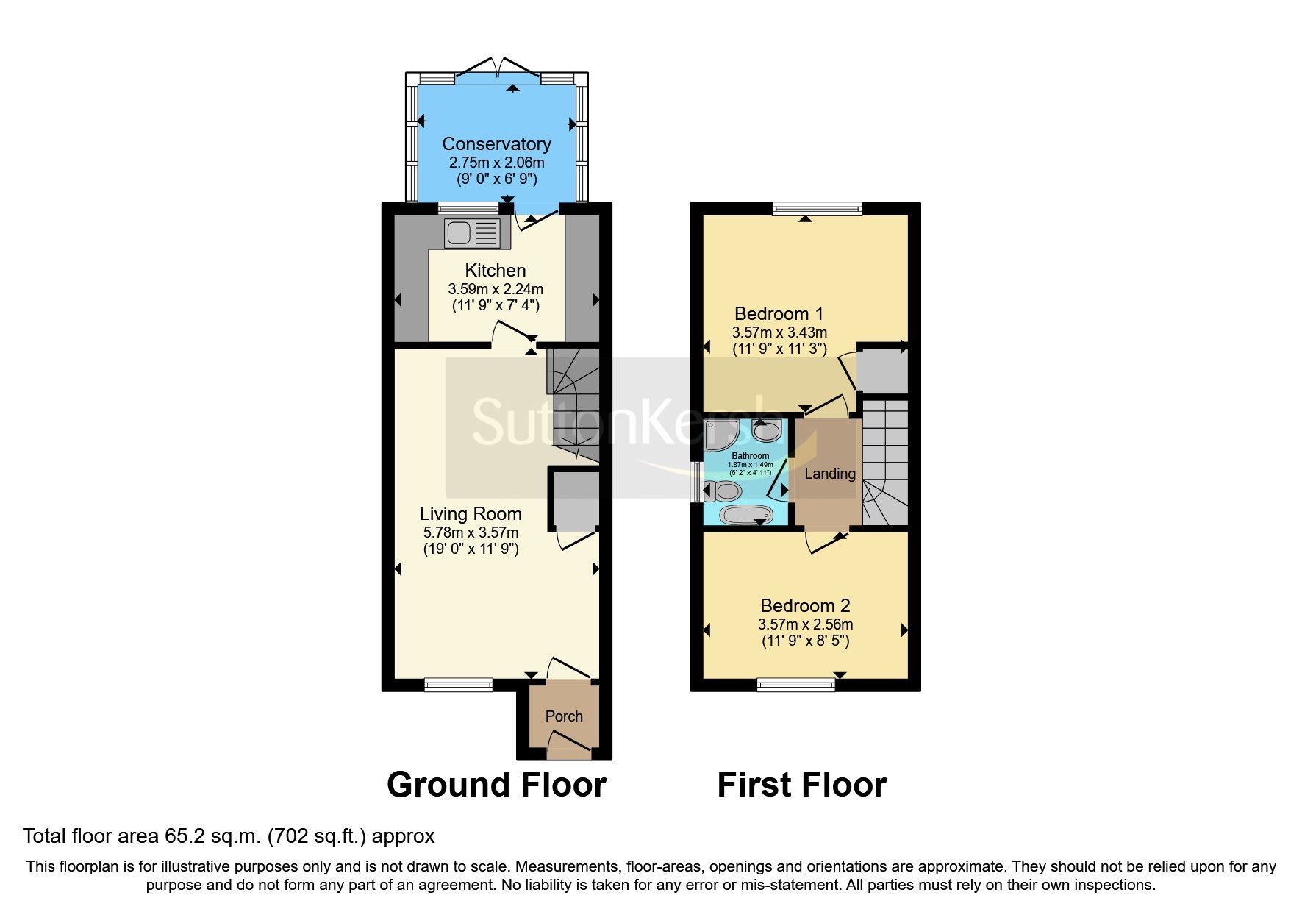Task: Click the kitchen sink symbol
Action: pos(471,233)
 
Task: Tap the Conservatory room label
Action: pos(496,144)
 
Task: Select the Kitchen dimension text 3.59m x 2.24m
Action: pos(496,289)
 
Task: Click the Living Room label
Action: pos(471,514)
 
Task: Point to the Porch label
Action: pos(564,716)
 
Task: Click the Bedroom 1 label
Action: pos(779,314)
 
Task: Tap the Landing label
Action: pos(829,474)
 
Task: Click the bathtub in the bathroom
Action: pos(745,514)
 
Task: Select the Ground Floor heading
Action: pos(496,785)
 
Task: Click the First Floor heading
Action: pos(801,785)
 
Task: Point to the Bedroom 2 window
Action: pos(796,685)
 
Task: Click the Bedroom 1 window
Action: pos(816,210)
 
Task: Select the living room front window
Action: pos(458,685)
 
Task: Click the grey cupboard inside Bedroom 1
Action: pos(882,369)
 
